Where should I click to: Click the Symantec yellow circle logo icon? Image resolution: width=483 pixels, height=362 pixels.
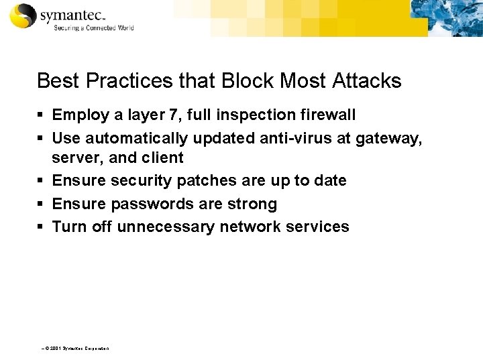click(21, 17)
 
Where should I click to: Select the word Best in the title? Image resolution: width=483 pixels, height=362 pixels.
click(55, 81)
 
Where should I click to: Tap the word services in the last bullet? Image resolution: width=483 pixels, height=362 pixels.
click(315, 226)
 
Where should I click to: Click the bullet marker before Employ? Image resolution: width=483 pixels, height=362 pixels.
click(41, 116)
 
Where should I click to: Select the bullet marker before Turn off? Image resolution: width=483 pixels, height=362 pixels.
click(41, 227)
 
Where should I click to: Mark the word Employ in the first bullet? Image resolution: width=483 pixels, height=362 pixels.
click(78, 116)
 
